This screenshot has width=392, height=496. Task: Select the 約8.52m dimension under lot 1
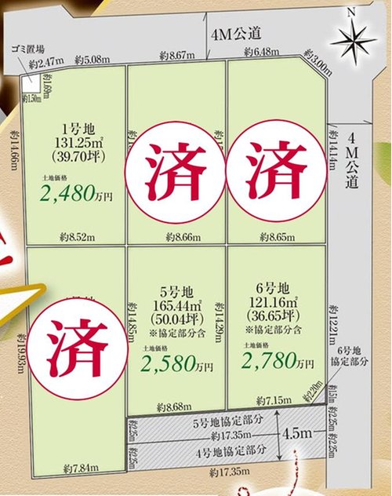click(76, 234)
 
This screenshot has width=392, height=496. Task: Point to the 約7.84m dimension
click(81, 469)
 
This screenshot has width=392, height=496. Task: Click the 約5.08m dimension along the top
click(92, 59)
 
